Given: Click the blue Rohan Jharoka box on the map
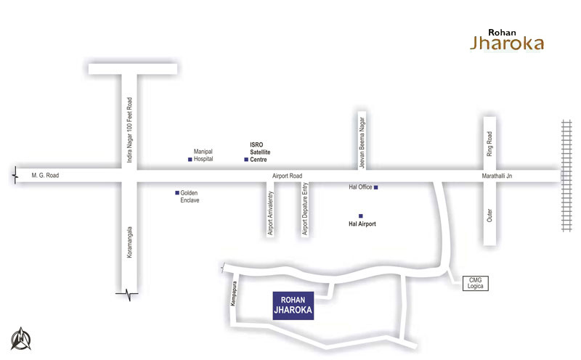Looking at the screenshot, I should coord(293,306).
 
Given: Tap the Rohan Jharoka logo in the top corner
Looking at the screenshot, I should coord(506,39).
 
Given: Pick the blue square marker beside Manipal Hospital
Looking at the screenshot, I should coord(190,159).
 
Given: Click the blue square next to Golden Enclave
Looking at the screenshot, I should coord(176,192).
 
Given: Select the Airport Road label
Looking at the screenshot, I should coord(285,176).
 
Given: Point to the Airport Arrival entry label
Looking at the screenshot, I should coord(271,213).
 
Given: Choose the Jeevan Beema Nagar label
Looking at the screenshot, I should coord(361,140).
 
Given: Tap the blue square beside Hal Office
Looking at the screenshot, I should coord(376,187).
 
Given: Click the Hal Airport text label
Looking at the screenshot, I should coord(362,224).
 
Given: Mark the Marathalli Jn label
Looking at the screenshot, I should coord(498,176).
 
